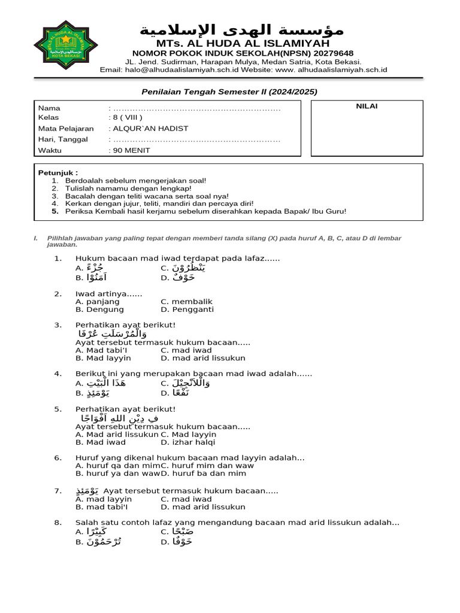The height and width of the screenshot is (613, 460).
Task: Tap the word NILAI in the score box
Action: point(367,107)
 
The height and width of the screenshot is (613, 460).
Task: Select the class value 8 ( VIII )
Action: point(128,118)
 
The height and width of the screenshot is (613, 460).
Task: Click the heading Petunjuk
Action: point(57,172)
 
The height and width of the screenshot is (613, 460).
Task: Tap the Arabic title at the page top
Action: point(242,31)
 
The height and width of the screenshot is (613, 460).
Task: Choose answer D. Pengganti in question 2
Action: point(187,309)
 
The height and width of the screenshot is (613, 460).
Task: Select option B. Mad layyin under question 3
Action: point(103,358)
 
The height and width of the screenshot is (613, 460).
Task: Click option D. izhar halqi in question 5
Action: point(188,442)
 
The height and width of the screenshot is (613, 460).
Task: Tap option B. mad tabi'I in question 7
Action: point(102,506)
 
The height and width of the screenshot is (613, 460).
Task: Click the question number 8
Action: point(57,522)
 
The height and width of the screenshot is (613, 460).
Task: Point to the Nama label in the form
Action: point(49,108)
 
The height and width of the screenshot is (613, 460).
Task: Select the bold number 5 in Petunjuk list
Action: point(55,211)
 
